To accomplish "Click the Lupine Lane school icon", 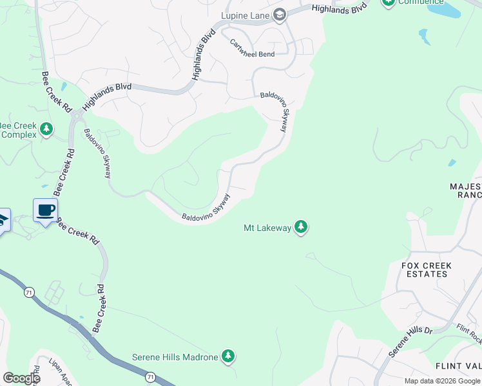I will click(x=279, y=15).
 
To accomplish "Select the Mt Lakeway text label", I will click(x=266, y=227).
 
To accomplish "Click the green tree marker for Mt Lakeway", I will click(x=300, y=226).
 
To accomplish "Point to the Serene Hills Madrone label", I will click(x=175, y=356).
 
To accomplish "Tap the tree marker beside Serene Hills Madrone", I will click(x=227, y=356).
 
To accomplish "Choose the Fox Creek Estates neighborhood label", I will click(x=426, y=270).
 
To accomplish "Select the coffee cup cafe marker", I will click(x=45, y=210).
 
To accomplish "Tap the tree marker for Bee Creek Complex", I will click(x=46, y=129).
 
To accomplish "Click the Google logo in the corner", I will click(x=21, y=378).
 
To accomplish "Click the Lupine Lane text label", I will click(x=244, y=15).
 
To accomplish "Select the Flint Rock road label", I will click(x=468, y=333).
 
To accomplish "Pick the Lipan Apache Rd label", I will click(x=37, y=375).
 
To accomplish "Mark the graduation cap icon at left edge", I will click(x=3, y=220).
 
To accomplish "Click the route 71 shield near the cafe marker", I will click(x=29, y=292).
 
